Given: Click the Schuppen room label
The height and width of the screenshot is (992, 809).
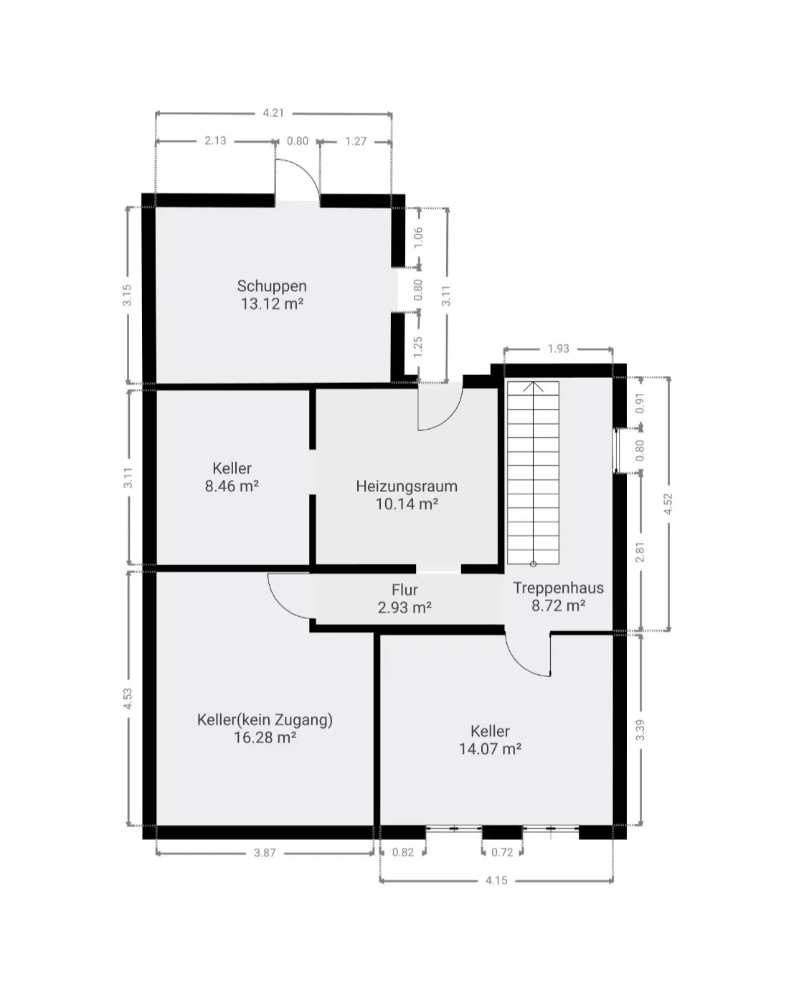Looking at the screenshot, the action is [x=271, y=286].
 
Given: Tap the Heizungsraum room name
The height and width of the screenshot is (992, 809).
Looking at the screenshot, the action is [x=407, y=486].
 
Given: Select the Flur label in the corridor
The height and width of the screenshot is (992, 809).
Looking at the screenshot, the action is [x=404, y=590].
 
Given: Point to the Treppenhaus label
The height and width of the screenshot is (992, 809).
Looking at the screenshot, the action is [x=558, y=588].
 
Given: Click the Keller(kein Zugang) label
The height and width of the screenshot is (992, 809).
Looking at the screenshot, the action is [x=265, y=719].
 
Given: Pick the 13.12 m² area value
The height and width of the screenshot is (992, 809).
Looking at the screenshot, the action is [x=272, y=304].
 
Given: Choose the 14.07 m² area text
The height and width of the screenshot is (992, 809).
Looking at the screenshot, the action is [x=490, y=749].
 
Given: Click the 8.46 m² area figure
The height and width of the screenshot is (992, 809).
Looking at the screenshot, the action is [x=232, y=486].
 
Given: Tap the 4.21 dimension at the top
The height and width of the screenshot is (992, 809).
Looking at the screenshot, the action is [x=273, y=113].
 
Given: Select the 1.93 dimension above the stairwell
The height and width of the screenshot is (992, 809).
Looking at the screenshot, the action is [x=558, y=349].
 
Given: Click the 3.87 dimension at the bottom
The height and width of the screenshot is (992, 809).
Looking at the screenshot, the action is [x=265, y=853].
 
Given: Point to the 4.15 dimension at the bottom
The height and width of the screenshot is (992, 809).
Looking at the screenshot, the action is [x=497, y=880].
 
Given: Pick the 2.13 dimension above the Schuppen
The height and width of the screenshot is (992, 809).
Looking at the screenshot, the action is [x=215, y=141].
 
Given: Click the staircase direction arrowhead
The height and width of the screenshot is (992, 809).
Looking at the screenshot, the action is [x=533, y=387].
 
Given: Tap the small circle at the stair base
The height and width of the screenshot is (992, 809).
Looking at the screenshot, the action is [x=533, y=564].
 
